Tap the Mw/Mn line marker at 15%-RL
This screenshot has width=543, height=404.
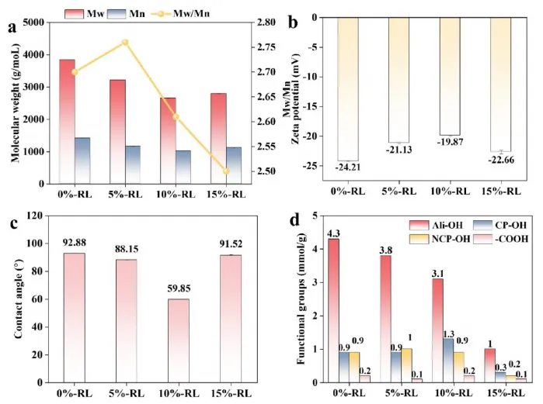click(225, 171)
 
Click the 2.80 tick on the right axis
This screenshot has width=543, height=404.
click(253, 22)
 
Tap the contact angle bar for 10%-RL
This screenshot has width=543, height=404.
click(178, 340)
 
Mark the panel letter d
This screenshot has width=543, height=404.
click(294, 220)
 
